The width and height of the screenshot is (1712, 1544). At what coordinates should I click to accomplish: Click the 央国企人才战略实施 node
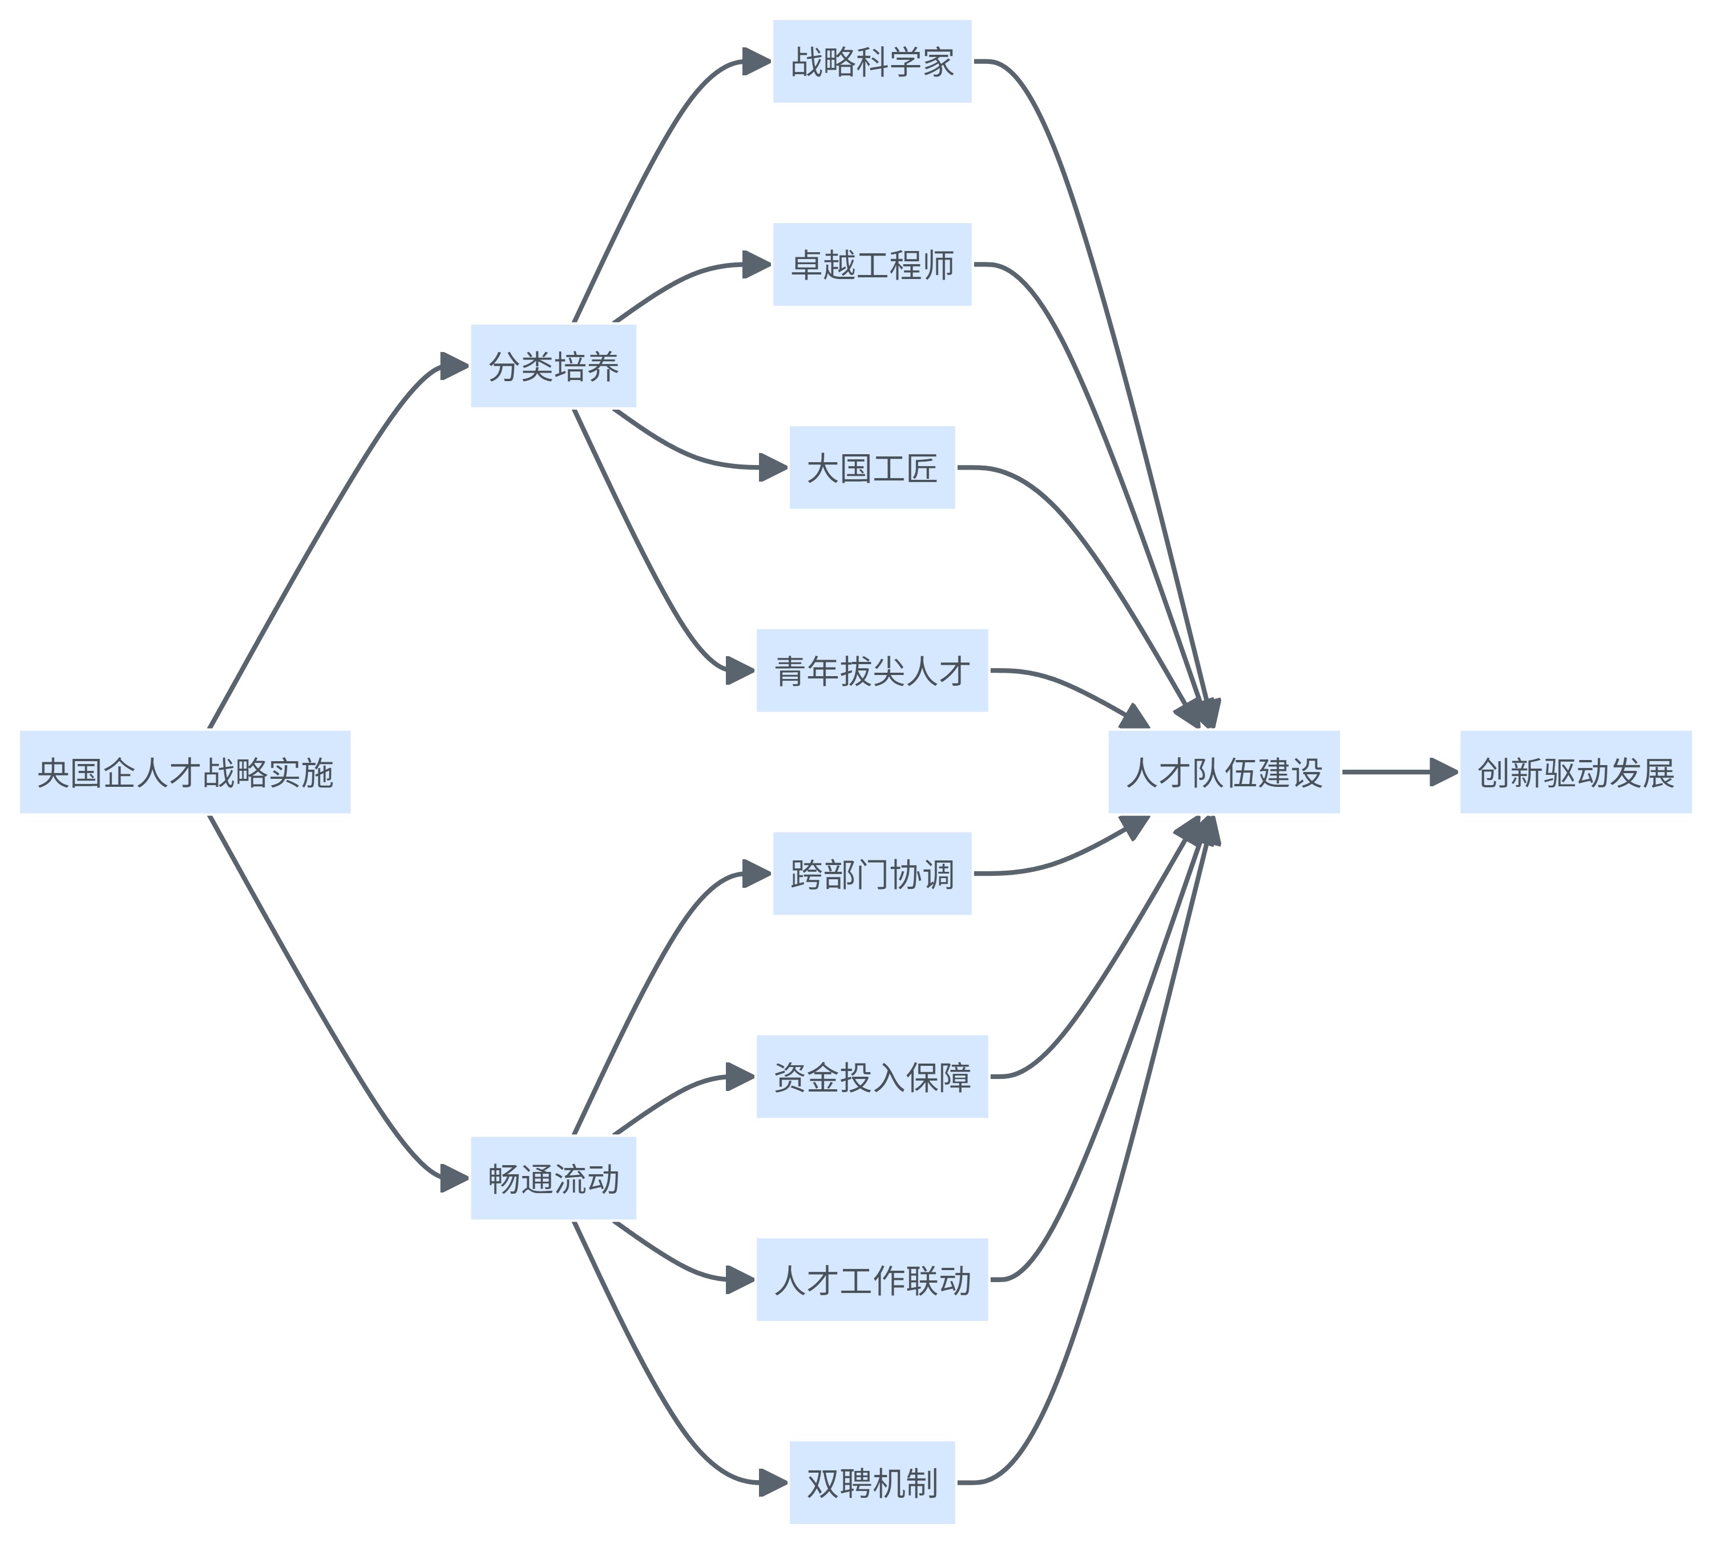click(x=185, y=771)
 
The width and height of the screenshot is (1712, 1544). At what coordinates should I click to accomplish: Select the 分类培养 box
click(x=553, y=366)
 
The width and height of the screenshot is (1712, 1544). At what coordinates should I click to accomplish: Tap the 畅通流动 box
click(x=553, y=1178)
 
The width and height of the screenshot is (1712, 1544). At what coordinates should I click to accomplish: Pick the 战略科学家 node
click(x=871, y=61)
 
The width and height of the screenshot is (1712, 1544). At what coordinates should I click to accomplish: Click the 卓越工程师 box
click(x=871, y=264)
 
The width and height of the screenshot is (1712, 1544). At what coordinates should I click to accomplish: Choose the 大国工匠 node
click(x=871, y=467)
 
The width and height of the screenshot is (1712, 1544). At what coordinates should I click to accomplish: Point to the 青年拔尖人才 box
click(x=871, y=670)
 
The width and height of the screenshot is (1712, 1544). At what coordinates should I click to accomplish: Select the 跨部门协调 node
click(x=871, y=873)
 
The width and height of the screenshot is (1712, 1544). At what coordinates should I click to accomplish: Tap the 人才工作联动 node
click(x=871, y=1279)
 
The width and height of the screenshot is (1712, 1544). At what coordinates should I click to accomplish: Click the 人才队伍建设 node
click(x=1224, y=771)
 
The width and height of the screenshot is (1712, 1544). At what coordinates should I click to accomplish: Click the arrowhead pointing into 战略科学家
click(x=757, y=61)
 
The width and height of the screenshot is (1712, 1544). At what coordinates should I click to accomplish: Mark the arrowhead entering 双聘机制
click(x=774, y=1483)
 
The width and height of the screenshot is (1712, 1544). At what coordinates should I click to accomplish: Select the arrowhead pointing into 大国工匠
click(x=774, y=467)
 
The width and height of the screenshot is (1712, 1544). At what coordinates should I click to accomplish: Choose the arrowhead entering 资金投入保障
click(x=741, y=1077)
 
